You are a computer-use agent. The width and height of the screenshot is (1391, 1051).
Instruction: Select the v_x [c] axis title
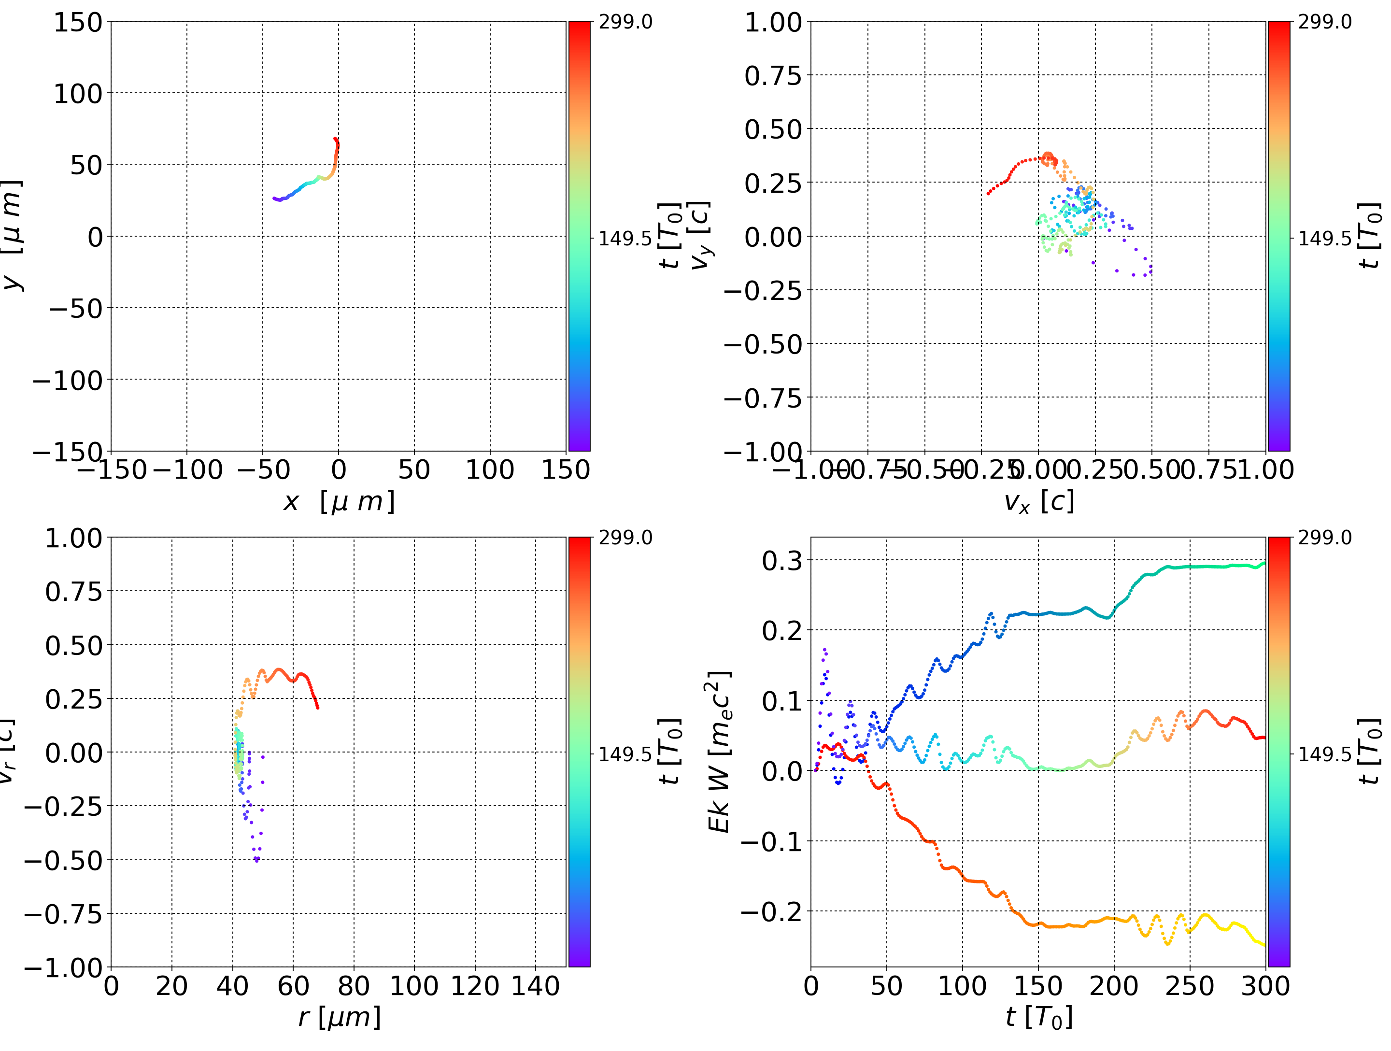point(1038,502)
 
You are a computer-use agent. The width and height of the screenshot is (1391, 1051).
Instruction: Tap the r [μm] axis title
point(339,1017)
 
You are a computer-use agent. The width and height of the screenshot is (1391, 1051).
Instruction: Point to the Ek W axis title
point(719,752)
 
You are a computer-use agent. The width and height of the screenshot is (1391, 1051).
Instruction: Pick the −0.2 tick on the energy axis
point(773,911)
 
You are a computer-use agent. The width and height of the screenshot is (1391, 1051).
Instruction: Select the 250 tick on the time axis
point(1190,986)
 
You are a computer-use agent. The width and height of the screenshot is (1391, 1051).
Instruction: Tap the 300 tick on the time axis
point(1265,986)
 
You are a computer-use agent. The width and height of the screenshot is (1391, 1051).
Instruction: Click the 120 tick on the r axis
point(475,986)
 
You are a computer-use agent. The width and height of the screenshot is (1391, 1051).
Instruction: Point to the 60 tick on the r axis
point(293,986)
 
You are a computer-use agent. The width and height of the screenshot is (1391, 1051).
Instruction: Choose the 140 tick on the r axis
point(536,986)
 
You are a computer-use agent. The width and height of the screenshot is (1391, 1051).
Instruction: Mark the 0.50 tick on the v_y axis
point(773,129)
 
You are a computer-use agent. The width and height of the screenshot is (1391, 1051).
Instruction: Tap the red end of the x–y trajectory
point(335,139)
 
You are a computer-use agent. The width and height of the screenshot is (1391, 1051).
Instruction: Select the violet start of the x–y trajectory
point(274,199)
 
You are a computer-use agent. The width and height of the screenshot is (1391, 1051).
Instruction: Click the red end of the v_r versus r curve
point(318,708)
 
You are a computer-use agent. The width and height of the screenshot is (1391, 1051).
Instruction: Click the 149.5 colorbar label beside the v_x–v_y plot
point(1324,239)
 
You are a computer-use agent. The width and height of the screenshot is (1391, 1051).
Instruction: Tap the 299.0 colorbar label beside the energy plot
point(1324,538)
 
